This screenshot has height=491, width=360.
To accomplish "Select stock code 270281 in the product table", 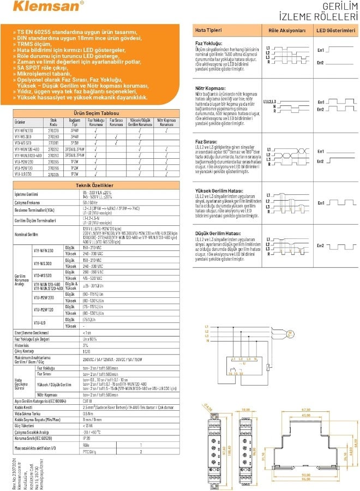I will [x=53, y=142].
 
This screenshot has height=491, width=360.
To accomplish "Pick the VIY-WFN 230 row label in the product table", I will [x=24, y=130].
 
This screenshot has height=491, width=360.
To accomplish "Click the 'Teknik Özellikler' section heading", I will [x=94, y=185].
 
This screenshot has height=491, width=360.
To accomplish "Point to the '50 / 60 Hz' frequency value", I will [x=91, y=202].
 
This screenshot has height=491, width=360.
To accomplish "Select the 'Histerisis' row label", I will [x=21, y=345].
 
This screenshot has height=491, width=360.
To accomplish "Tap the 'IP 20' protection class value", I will [x=87, y=438].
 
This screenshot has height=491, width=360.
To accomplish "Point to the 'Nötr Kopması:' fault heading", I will [x=210, y=88].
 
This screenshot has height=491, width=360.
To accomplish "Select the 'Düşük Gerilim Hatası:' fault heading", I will [x=218, y=233].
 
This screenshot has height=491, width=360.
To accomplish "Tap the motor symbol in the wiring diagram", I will [x=290, y=333].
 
